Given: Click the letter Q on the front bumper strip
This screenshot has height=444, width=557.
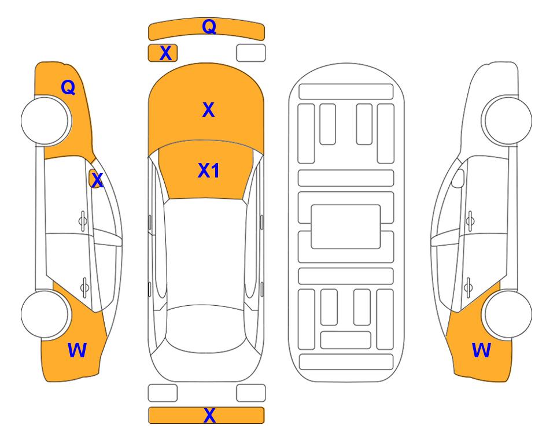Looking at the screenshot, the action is [209, 27].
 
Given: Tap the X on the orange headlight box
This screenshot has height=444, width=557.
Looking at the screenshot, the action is [165, 53].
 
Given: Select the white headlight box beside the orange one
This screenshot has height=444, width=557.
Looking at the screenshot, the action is [251, 53].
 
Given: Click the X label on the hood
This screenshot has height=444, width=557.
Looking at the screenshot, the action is [208, 110].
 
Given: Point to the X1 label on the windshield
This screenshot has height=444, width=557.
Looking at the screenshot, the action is [209, 171].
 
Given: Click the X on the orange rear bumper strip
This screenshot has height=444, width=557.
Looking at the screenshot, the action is [209, 415].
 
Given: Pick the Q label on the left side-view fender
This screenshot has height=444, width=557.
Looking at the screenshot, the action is [68, 87].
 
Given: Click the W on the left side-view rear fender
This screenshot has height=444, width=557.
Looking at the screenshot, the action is [77, 350].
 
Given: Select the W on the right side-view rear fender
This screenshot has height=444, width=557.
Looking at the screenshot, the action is [481, 350].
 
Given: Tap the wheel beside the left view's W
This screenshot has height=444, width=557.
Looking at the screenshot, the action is [45, 314].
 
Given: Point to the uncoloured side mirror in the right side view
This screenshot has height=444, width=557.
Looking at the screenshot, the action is [458, 179].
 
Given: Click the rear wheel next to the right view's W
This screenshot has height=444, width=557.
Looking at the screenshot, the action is [508, 314].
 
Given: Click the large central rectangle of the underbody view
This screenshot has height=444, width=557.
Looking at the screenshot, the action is [346, 227].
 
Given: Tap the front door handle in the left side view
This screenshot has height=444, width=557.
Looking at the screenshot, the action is [83, 221].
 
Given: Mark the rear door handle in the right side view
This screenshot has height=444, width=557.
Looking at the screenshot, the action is [469, 287].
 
